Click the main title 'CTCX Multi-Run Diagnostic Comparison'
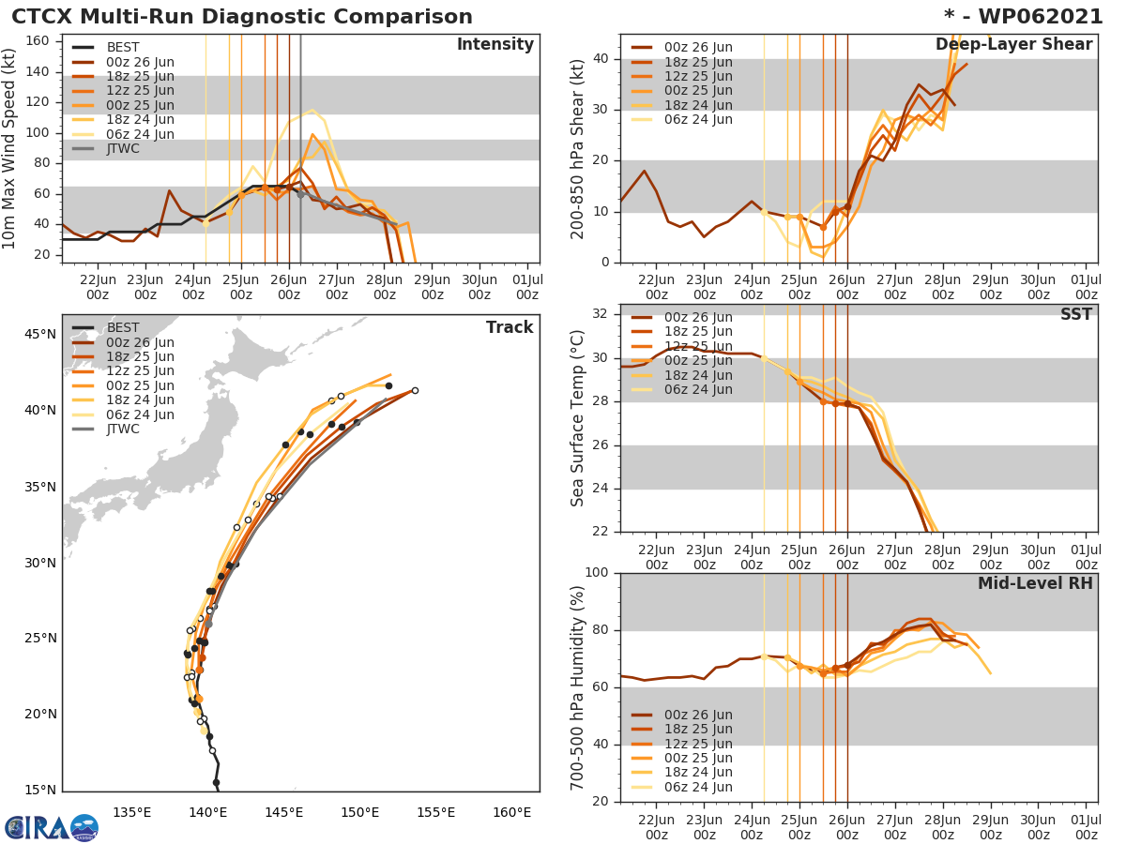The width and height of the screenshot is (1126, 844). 242,17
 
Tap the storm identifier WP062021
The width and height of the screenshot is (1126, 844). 1031,17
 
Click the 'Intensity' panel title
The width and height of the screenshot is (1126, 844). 495,45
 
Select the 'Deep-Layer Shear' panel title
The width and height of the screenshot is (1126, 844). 1013,45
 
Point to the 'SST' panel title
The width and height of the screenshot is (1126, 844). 1075,315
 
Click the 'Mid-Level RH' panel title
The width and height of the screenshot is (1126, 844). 1035,583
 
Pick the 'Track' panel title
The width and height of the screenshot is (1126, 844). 509,327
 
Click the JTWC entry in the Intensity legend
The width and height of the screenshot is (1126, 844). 123,148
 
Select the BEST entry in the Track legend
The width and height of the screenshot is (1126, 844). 123,327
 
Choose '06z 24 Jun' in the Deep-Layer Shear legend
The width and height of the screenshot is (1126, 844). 698,119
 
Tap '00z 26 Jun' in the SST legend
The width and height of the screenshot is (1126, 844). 698,317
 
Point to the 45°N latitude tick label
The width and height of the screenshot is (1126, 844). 39,334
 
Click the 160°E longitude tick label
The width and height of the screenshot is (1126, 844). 511,812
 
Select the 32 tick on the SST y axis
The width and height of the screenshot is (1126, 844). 603,314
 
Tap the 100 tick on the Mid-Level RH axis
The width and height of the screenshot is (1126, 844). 597,573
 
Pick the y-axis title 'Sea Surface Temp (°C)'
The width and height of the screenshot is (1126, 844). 578,417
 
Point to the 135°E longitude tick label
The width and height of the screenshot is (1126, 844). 131,812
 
